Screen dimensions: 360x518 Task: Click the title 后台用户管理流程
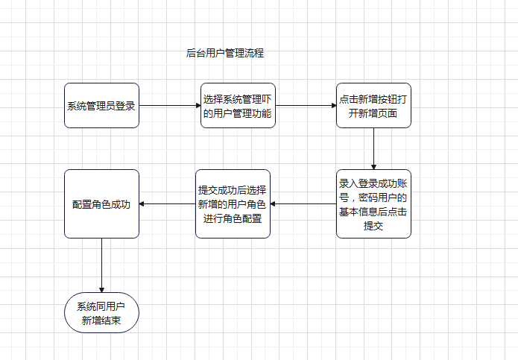click(x=224, y=53)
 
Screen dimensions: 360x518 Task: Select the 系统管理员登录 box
click(x=101, y=105)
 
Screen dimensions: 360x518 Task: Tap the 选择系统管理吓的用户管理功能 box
click(x=238, y=105)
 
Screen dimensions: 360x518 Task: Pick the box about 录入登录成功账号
click(x=373, y=203)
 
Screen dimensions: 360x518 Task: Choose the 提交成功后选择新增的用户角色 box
click(x=233, y=203)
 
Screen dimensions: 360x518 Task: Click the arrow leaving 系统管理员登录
click(x=169, y=105)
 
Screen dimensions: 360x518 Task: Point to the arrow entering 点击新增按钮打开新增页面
click(x=306, y=105)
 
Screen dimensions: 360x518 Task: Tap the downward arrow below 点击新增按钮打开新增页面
click(x=373, y=148)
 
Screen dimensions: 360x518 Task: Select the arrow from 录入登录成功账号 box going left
click(x=303, y=203)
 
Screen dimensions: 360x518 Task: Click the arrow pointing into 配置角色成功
click(x=167, y=203)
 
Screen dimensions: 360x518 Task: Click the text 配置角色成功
click(x=101, y=204)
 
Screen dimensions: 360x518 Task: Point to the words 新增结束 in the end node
click(x=101, y=322)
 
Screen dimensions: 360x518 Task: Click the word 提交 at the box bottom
click(x=373, y=226)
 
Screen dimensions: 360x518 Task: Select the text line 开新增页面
click(x=373, y=113)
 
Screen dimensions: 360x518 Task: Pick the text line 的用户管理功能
click(x=238, y=113)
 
